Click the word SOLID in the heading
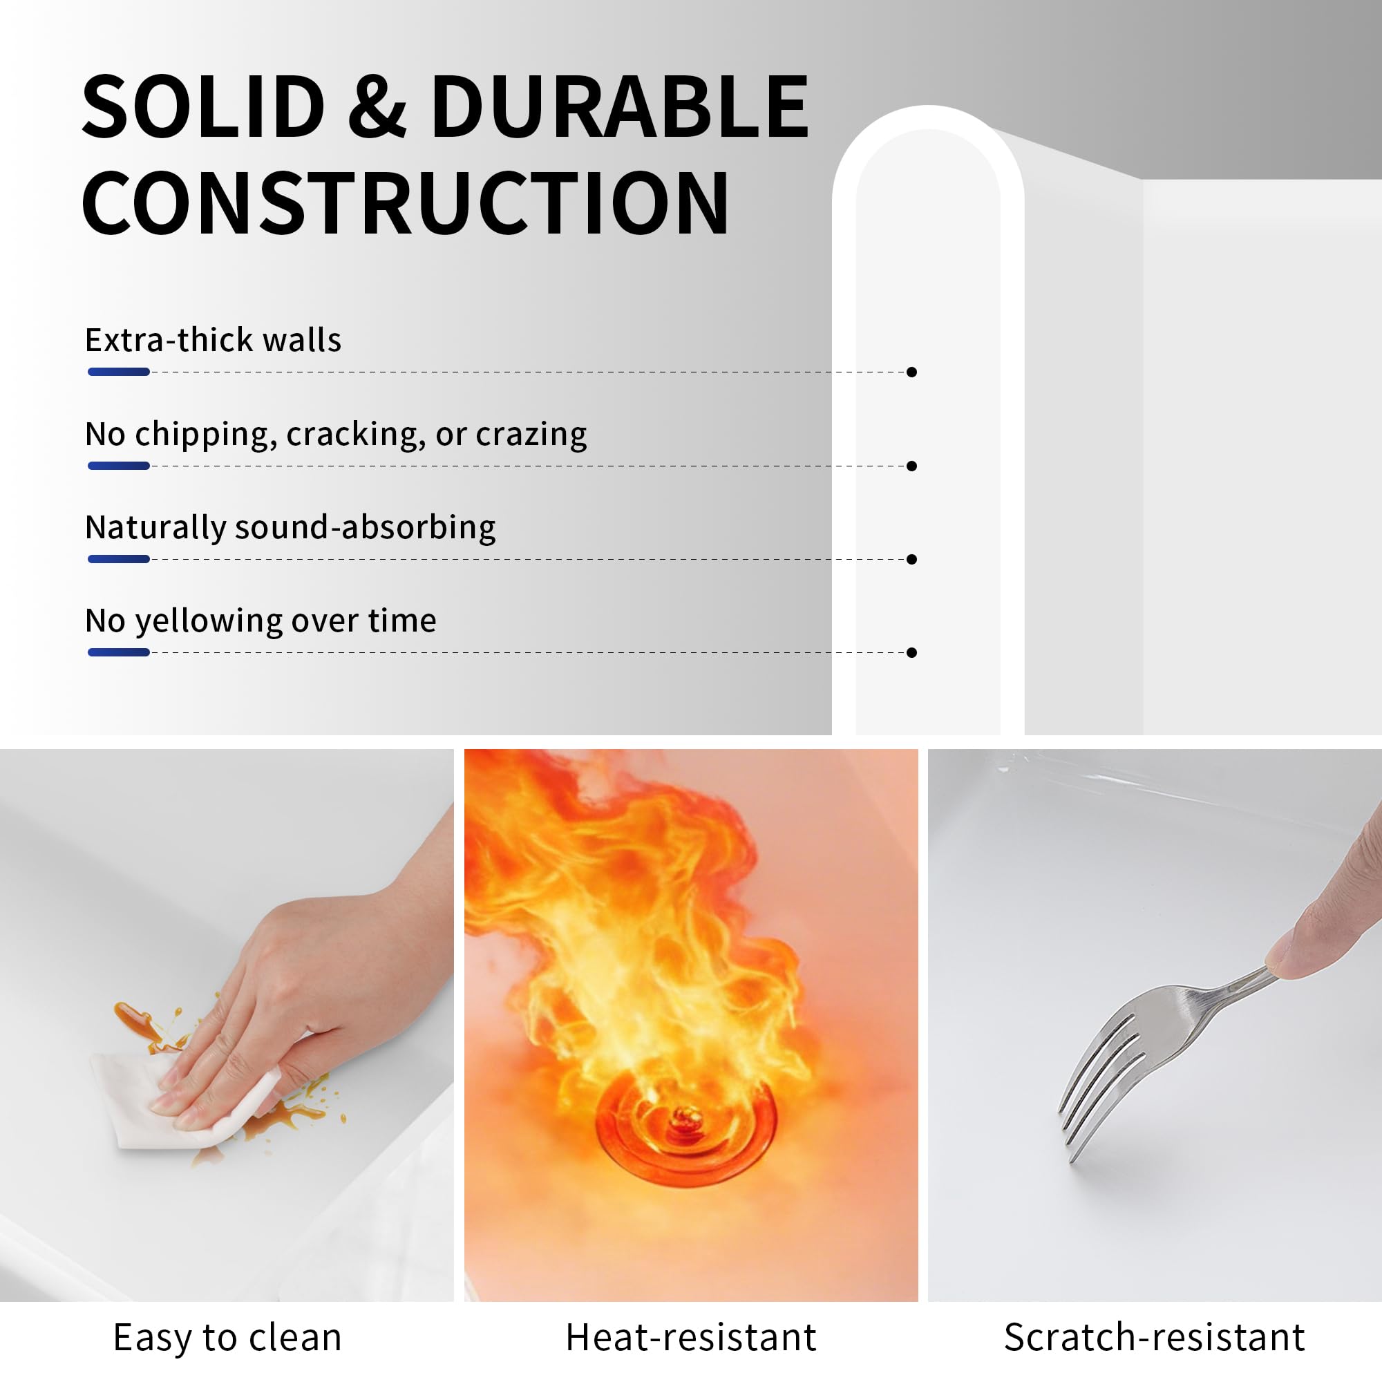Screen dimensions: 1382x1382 tap(204, 107)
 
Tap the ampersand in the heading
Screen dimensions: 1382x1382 tap(377, 107)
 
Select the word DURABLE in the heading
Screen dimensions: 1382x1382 tap(619, 107)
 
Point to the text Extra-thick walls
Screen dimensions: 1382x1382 tap(213, 340)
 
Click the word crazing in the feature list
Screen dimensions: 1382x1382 tap(531, 434)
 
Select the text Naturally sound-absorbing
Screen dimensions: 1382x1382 tap(290, 528)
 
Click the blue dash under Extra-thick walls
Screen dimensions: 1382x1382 tap(119, 372)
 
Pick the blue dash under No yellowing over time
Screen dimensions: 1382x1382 tap(119, 652)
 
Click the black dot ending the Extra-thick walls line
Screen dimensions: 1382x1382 tap(911, 372)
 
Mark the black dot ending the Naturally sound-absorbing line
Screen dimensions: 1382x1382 tap(911, 560)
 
